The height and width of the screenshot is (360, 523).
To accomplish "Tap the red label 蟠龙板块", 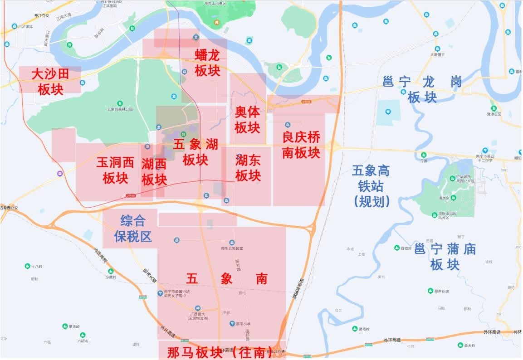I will coord(207,63).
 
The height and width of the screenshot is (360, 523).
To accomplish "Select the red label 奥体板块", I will coord(247,120).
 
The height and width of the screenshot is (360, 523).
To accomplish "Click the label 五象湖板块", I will coord(196,152).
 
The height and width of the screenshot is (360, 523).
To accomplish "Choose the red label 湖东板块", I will coord(248,167).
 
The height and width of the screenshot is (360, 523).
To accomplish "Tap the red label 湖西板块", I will coord(154,172).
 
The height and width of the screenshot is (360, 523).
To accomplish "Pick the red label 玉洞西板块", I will coord(115,170).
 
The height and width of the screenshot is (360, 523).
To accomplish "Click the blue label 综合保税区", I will coord(133,229).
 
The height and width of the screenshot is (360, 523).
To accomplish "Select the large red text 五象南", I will coord(227,279).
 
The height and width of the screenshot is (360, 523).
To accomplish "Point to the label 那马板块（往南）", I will coord(222,352).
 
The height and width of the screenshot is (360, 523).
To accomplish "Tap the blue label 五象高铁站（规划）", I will coord(371,186).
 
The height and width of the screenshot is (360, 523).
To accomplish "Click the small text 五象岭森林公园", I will coord(120,109).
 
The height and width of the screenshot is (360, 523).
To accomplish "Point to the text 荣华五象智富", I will coord(232,248).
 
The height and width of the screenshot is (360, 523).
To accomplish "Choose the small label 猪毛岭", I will coord(364,329).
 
